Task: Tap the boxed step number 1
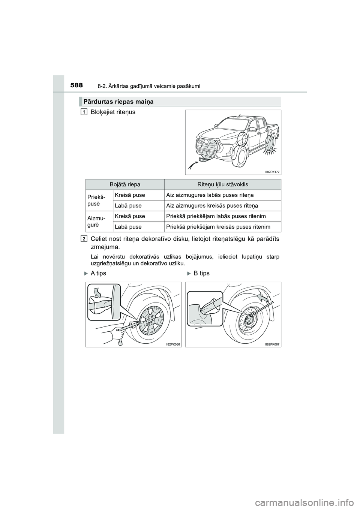point(85,112)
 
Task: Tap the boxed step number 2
point(85,238)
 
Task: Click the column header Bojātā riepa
point(125,184)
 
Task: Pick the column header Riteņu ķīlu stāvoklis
point(222,184)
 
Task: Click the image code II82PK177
point(273,171)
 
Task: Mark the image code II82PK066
point(173,343)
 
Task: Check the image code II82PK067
point(273,343)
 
